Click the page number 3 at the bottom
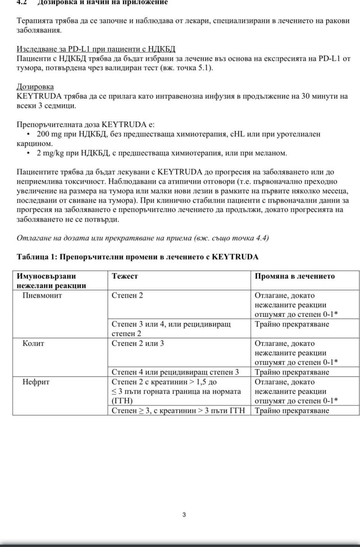click(x=184, y=515)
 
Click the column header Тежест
click(x=125, y=276)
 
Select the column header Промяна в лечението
click(x=294, y=276)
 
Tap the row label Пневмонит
click(x=42, y=295)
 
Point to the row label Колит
click(x=34, y=343)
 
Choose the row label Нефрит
click(x=36, y=382)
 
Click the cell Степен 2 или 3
click(x=138, y=343)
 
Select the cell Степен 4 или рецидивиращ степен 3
click(x=175, y=372)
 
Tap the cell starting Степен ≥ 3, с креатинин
click(x=178, y=411)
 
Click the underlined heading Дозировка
click(x=35, y=87)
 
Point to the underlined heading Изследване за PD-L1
click(x=96, y=49)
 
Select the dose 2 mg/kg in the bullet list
click(x=50, y=153)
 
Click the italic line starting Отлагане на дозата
click(x=143, y=238)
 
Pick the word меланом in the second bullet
click(x=273, y=153)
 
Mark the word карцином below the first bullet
click(x=34, y=144)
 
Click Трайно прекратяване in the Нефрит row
click(x=292, y=411)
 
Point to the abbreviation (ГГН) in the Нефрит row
click(x=122, y=401)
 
